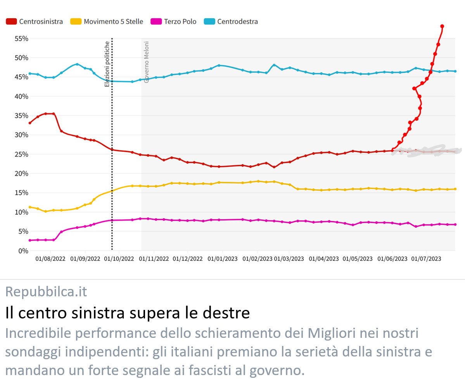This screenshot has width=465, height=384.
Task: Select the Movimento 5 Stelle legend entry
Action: point(107,22)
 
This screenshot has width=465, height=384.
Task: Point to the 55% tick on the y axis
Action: point(21,38)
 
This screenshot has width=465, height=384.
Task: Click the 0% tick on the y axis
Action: point(23,251)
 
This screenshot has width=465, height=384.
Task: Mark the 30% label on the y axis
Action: point(21,135)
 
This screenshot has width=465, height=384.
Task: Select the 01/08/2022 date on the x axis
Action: point(50,259)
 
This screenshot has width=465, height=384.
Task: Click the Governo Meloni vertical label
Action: point(147,62)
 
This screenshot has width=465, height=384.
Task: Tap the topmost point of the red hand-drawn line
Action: point(442,26)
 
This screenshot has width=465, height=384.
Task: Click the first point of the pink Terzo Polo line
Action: point(30,240)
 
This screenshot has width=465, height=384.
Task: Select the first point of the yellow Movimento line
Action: point(30,207)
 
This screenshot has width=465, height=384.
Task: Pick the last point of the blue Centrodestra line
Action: point(455,71)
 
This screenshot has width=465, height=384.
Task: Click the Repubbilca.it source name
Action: point(46,291)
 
